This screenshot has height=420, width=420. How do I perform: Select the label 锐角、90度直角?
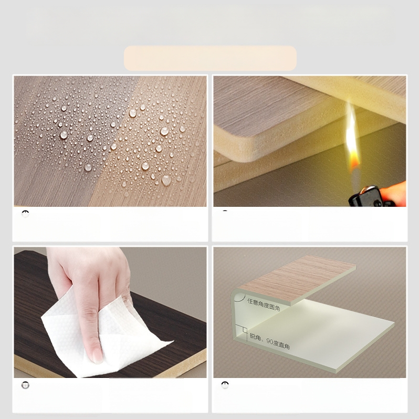[270, 341]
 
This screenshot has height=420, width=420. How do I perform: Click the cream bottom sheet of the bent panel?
[325, 336]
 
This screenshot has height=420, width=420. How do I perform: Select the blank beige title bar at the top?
[210, 58]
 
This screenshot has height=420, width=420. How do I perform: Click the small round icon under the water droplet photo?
[25, 214]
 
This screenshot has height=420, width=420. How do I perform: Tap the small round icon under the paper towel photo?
[25, 385]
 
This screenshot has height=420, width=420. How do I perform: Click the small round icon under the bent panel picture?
[225, 385]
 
